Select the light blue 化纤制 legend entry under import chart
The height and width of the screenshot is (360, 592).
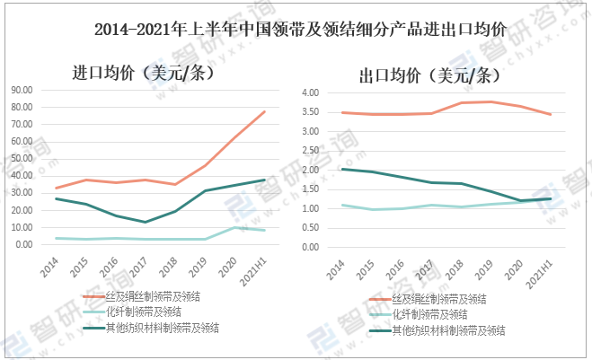tap(145, 312)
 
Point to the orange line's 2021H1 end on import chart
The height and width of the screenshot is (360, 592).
tap(264, 111)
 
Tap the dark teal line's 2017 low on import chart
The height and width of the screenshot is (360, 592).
tap(145, 222)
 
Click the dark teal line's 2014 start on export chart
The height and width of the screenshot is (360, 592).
tap(341, 169)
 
